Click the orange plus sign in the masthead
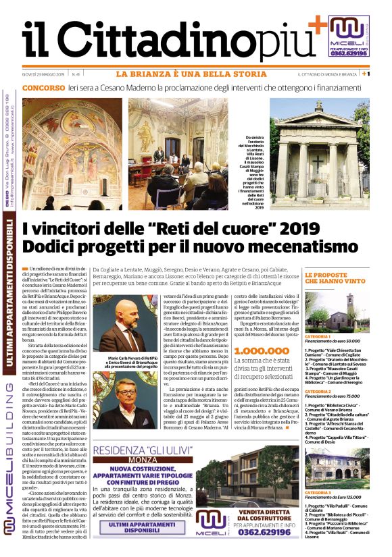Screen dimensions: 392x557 [x=316, y=26]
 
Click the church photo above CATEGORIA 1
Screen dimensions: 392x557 [x=337, y=311]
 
